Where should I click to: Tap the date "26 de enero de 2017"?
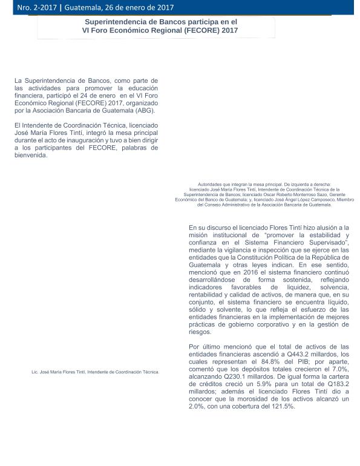[x=140, y=8]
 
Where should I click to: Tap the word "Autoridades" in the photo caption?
[x=211, y=184]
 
